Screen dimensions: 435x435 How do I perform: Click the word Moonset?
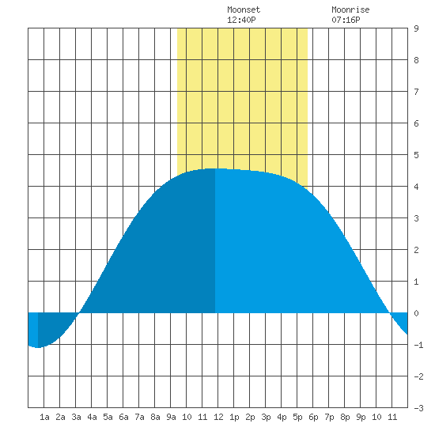tap(244, 9)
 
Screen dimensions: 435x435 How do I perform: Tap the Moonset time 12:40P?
tap(241, 20)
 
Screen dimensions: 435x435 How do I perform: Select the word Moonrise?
tap(350, 9)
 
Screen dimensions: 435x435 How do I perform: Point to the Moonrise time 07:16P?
tap(346, 20)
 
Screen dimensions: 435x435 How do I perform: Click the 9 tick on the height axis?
tap(416, 28)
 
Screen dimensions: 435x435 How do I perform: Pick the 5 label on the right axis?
tap(416, 155)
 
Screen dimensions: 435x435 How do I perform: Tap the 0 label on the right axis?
tap(416, 313)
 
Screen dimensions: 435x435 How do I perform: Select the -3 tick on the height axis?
tap(418, 408)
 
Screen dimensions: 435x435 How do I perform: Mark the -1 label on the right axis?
tap(418, 345)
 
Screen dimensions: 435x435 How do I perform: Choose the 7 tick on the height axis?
tap(416, 92)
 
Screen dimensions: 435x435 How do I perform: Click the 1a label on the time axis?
tap(44, 417)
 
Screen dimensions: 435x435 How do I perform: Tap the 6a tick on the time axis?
tap(123, 417)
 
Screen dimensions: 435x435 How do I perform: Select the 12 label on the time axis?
tap(218, 417)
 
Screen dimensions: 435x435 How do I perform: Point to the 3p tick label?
tap(266, 417)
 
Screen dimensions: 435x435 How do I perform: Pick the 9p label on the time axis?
tap(361, 417)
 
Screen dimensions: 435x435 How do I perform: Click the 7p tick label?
tap(329, 417)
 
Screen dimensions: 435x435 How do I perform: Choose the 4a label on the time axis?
tap(92, 417)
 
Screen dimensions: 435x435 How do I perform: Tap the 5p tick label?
tap(297, 417)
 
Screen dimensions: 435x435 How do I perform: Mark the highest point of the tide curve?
tap(215, 168)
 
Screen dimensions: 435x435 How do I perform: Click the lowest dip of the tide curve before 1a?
tap(37, 347)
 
